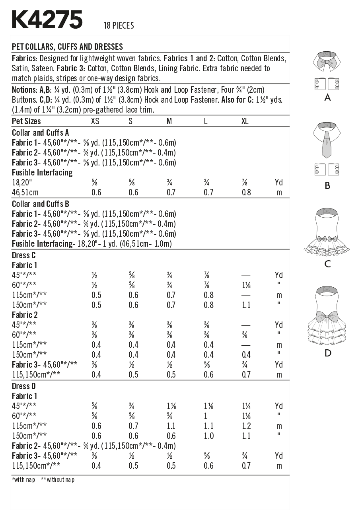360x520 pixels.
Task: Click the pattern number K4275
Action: (47, 20)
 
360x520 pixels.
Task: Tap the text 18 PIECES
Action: (119, 26)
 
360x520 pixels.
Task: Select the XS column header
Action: (95, 121)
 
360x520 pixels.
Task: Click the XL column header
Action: (245, 121)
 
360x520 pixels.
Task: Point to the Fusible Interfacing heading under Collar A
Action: (42, 173)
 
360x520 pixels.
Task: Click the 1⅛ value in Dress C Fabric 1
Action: (246, 285)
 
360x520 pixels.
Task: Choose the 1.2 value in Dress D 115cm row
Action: (246, 426)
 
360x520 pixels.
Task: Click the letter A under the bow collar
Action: (327, 97)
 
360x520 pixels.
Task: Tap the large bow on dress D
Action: (327, 317)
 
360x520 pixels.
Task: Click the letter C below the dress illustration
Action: (327, 264)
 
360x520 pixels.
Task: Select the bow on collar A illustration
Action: (327, 63)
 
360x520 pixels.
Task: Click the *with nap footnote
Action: (24, 480)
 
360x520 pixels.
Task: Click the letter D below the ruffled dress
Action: (327, 353)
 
